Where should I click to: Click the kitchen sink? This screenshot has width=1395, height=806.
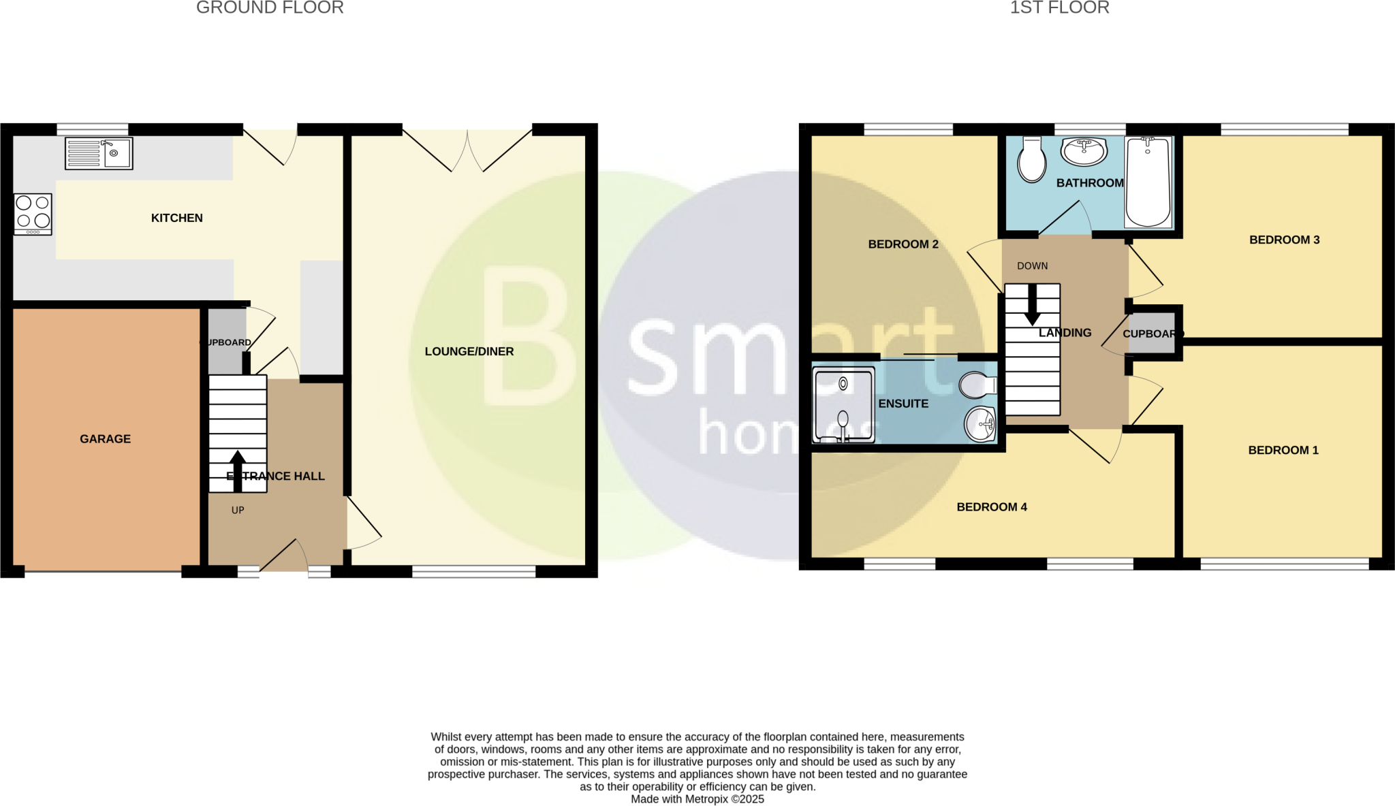[x=99, y=153]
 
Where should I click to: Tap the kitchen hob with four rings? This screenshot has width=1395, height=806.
[x=33, y=214]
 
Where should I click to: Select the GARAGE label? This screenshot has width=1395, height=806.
[x=105, y=439]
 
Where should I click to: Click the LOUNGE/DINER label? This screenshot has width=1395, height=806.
[x=469, y=351]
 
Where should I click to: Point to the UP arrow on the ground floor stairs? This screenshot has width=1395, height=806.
[x=238, y=470]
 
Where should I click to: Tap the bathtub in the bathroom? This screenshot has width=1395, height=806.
[x=1148, y=181]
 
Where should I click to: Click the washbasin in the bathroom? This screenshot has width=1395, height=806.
[x=1084, y=152]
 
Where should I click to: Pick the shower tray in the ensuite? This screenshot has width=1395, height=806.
[x=844, y=404]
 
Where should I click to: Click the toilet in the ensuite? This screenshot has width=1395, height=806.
[x=977, y=385]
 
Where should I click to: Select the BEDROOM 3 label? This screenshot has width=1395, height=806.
[x=1284, y=240]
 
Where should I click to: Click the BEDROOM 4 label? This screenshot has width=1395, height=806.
[x=992, y=506]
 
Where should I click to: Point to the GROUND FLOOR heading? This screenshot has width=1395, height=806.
[x=270, y=7]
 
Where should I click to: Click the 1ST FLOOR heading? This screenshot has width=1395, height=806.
[x=1059, y=7]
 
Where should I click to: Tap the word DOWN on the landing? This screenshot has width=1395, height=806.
[x=1032, y=265]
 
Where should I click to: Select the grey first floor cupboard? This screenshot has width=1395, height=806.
[x=1152, y=333]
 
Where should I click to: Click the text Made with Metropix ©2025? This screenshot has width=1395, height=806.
[x=697, y=799]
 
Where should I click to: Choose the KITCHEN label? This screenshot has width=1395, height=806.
[x=176, y=218]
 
